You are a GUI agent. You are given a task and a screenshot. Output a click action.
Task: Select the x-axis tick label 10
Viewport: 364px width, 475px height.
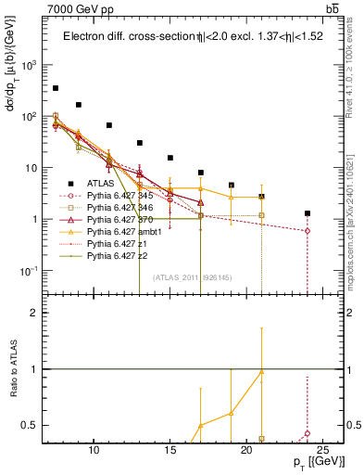pos(94,450)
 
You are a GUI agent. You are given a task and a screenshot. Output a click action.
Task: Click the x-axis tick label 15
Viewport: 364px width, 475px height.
pos(170,450)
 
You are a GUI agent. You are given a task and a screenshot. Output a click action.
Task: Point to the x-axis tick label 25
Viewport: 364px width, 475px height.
pos(322,450)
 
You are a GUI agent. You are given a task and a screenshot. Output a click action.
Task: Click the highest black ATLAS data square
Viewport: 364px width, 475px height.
pos(56,88)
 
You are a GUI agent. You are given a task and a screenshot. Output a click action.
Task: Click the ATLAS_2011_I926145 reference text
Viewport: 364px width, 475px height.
pos(192,277)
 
